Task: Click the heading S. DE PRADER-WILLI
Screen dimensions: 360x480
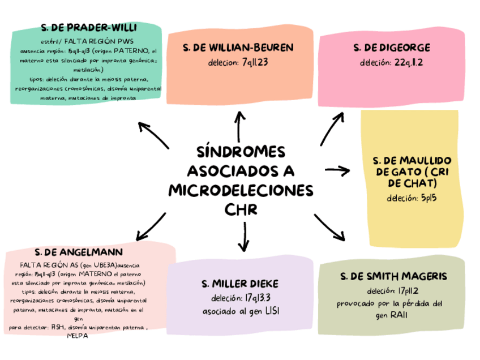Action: (x=89, y=28)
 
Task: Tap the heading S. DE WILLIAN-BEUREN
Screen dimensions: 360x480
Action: (x=239, y=48)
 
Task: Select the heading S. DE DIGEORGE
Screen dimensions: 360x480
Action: (x=392, y=48)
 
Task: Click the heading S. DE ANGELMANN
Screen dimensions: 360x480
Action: (x=79, y=251)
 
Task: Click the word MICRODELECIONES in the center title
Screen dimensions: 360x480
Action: (x=241, y=190)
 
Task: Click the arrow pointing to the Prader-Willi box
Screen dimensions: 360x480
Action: (x=153, y=135)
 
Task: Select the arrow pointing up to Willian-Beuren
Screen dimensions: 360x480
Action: (x=240, y=126)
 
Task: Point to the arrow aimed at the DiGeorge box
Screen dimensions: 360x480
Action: (x=332, y=127)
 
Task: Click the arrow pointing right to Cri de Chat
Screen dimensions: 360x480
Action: (x=338, y=169)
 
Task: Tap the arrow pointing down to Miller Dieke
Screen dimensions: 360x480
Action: (x=243, y=235)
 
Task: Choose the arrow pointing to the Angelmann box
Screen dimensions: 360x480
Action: (x=151, y=225)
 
